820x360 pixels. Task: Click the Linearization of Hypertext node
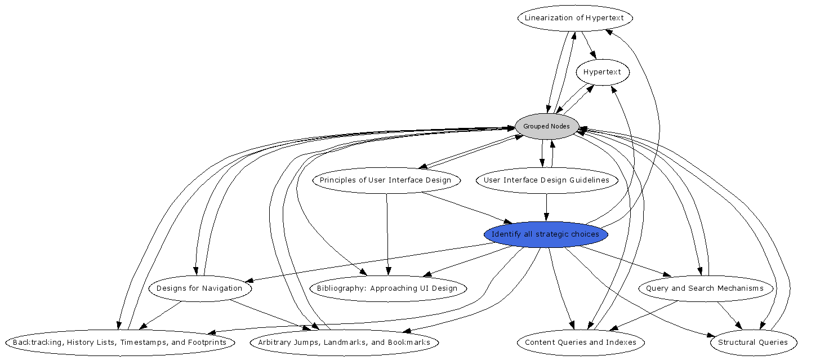(x=574, y=18)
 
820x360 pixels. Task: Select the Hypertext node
(x=602, y=72)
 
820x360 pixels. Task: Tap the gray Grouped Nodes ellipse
(x=546, y=126)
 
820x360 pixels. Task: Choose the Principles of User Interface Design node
(x=386, y=180)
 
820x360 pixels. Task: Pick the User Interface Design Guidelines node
(x=546, y=180)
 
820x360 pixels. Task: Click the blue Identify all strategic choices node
(x=545, y=234)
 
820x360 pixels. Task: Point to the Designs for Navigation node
(x=199, y=288)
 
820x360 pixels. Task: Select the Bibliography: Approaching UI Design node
(x=387, y=288)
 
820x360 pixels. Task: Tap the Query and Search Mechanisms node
(x=705, y=288)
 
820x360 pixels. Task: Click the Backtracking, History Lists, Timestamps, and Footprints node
(x=119, y=343)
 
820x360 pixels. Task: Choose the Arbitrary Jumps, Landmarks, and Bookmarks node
(x=344, y=343)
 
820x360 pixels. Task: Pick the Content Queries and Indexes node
(x=581, y=343)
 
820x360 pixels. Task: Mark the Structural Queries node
(x=753, y=343)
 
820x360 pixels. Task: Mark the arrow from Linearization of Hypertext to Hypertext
(x=589, y=45)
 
